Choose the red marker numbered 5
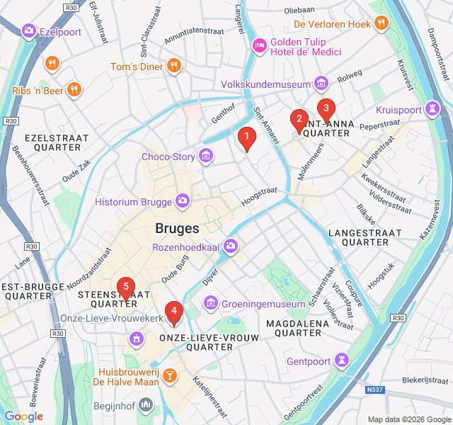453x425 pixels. click(125, 288)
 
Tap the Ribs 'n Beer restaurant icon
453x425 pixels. click(74, 89)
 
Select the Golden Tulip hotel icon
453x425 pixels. click(259, 45)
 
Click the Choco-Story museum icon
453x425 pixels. click(206, 155)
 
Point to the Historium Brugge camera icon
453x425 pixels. click(183, 202)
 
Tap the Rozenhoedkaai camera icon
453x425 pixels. click(231, 246)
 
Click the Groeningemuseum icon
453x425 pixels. click(210, 304)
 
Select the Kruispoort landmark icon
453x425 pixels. click(431, 109)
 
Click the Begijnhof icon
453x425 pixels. click(146, 405)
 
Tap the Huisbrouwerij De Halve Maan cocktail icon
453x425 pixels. click(169, 375)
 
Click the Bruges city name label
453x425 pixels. click(177, 229)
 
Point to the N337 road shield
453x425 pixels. click(377, 390)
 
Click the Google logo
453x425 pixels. click(23, 416)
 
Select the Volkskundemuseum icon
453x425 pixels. click(322, 83)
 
